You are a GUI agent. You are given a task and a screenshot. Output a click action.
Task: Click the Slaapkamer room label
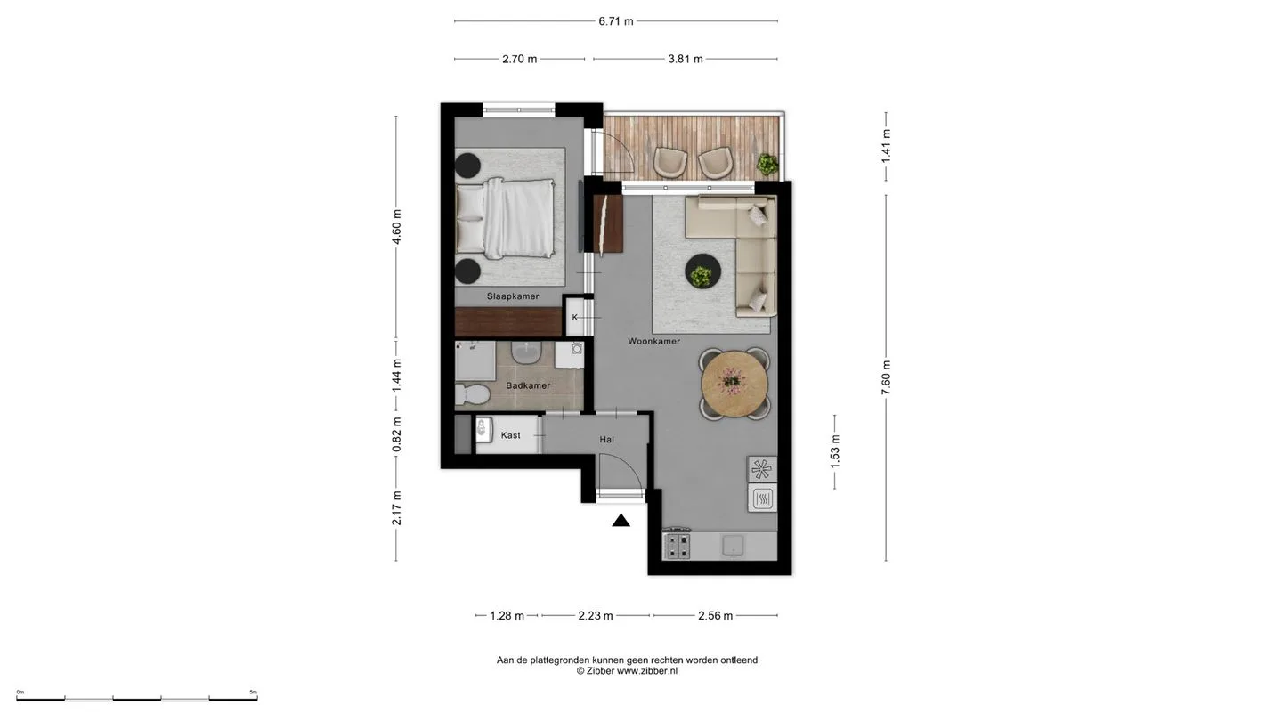[513, 296]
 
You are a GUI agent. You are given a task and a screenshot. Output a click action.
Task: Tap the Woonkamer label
[653, 341]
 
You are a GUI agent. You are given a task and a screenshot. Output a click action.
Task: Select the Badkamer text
[528, 385]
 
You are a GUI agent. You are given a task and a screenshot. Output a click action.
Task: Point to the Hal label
[606, 440]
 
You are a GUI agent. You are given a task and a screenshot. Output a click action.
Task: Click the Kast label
[510, 435]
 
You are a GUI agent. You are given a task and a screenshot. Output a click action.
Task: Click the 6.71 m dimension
[616, 21]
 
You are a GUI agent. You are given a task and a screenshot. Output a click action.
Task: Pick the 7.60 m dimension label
[886, 377]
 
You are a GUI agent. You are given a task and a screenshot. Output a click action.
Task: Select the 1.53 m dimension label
[835, 451]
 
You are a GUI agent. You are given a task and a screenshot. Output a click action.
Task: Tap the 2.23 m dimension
[596, 616]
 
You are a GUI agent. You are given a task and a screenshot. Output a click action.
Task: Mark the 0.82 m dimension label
[396, 434]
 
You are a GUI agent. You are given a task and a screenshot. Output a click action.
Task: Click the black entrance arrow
[621, 520]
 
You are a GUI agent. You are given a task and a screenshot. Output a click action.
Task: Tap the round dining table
[734, 384]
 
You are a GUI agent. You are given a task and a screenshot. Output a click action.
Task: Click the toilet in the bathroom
[472, 394]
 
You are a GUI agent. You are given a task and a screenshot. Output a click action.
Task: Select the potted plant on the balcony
[767, 165]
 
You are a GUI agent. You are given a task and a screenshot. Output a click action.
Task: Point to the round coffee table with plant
[702, 271]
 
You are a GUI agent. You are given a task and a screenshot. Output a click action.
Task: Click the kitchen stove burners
[678, 546]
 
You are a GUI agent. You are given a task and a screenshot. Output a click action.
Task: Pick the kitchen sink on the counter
[733, 546]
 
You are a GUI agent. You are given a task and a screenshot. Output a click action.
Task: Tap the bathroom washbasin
[526, 352]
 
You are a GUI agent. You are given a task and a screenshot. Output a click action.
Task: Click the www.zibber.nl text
[646, 671]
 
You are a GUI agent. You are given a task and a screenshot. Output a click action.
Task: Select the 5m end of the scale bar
[257, 699]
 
